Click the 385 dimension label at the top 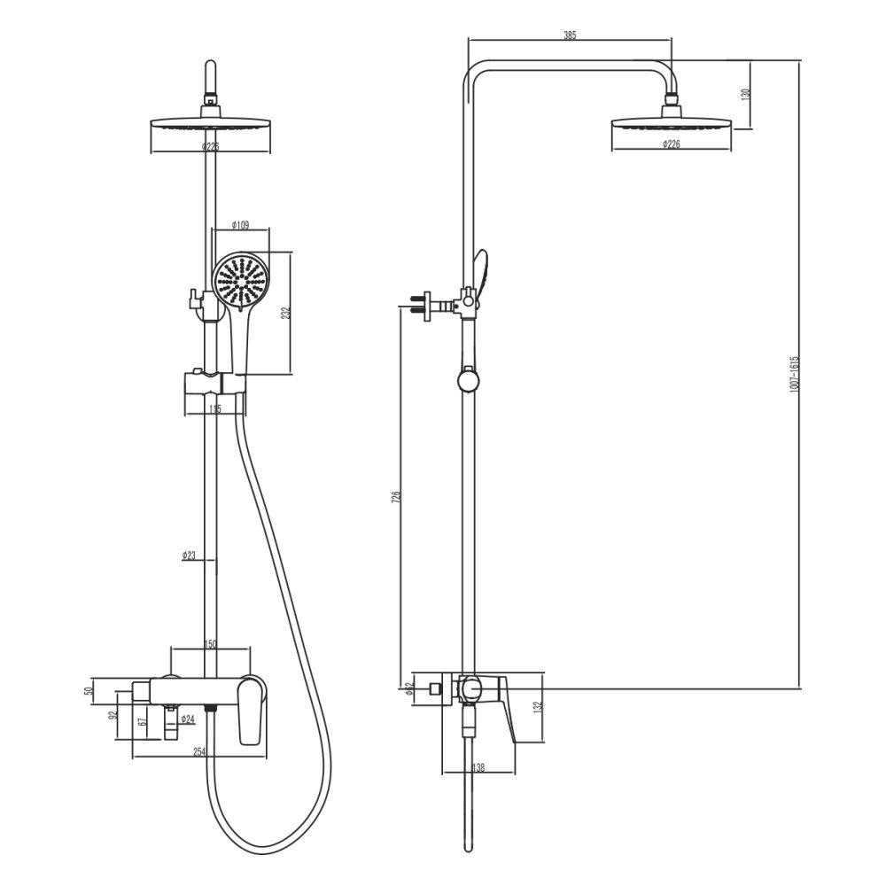[x=570, y=35]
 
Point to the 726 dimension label [x=397, y=499]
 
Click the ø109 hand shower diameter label [x=239, y=225]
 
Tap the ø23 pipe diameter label [x=189, y=556]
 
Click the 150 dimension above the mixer [x=211, y=644]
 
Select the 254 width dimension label [x=199, y=751]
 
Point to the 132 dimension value [x=536, y=707]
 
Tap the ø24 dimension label [x=188, y=719]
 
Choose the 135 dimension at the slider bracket [x=214, y=409]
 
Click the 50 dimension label [x=89, y=689]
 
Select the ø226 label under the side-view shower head [x=672, y=144]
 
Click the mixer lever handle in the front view [x=253, y=709]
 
